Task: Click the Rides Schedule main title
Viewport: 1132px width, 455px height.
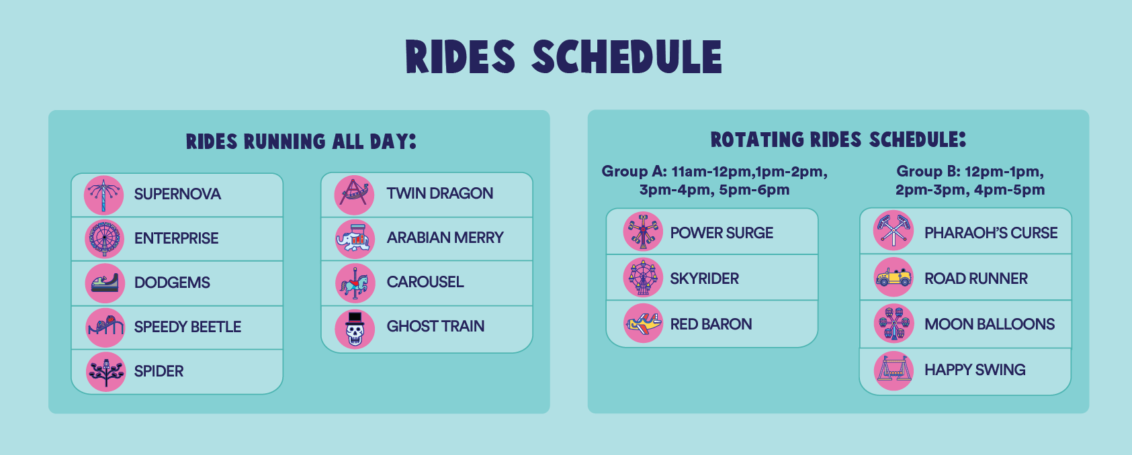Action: [x=564, y=57]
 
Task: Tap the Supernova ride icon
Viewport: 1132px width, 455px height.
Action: [x=104, y=195]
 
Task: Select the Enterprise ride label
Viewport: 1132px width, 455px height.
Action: [x=177, y=238]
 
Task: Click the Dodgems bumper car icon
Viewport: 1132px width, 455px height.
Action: [x=105, y=283]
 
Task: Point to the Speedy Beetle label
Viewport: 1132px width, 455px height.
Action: [x=187, y=327]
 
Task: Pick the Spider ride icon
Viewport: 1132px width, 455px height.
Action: [x=105, y=372]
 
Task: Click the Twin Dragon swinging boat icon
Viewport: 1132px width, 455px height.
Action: [x=354, y=195]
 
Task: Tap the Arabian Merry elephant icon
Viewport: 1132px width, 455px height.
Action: [x=355, y=239]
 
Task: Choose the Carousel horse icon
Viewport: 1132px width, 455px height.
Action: [x=355, y=283]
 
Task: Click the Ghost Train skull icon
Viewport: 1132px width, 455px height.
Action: [x=355, y=329]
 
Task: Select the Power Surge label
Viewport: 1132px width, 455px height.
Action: [x=722, y=233]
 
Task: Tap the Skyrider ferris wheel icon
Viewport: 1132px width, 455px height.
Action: [x=643, y=277]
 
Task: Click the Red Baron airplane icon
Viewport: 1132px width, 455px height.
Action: [x=643, y=323]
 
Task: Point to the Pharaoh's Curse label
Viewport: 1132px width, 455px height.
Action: [x=991, y=233]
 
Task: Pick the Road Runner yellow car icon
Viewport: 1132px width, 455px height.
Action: [x=894, y=277]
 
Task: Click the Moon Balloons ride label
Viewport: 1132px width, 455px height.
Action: [x=990, y=324]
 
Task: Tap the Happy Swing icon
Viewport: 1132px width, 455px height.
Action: [x=894, y=370]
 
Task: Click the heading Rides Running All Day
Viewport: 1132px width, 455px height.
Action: [x=301, y=142]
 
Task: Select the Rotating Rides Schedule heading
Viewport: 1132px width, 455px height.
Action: [x=838, y=140]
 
